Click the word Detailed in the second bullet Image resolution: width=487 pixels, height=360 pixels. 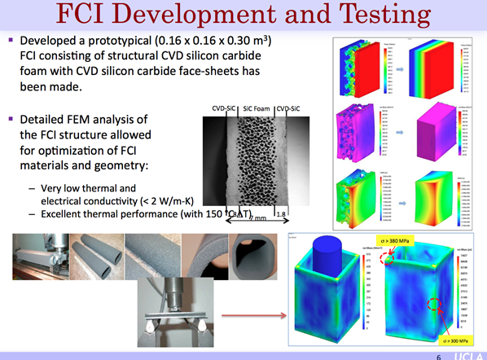click(x=42, y=120)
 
